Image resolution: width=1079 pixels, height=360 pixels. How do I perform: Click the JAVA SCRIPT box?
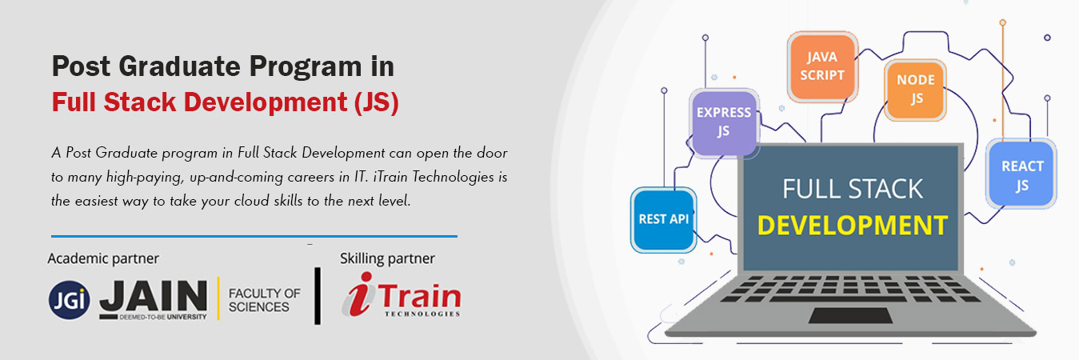coord(822,66)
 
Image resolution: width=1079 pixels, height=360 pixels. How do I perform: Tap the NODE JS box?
coord(915,90)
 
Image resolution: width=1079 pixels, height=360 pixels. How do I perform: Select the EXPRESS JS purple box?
coord(724,122)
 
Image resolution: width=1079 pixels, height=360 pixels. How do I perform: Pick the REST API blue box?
coord(663,219)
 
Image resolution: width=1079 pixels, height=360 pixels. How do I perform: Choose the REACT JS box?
coord(1021,174)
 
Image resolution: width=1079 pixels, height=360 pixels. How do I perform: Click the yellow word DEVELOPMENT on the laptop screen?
coord(852,225)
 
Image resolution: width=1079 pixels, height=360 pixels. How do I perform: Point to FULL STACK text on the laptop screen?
coord(852,189)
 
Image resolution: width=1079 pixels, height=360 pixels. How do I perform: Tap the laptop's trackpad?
coord(850,316)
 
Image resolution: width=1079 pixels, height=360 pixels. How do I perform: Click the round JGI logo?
coord(70,300)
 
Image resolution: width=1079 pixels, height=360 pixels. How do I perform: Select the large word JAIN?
coord(154,295)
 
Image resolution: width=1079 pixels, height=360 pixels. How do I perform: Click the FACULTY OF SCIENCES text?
coord(264,300)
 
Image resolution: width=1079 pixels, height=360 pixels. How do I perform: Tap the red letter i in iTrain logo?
coord(359,294)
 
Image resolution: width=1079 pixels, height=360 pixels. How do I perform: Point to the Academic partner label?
coord(103,258)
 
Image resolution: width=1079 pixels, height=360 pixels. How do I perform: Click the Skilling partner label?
coord(387,258)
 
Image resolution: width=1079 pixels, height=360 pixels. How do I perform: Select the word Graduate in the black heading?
coord(179,66)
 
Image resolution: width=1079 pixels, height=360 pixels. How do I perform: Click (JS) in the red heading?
coord(377,102)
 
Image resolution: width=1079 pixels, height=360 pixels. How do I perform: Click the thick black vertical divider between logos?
coord(318,296)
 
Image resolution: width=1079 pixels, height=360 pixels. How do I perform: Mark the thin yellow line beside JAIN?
coord(218,298)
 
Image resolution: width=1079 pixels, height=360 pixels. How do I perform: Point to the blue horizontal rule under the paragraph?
coord(254,236)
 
